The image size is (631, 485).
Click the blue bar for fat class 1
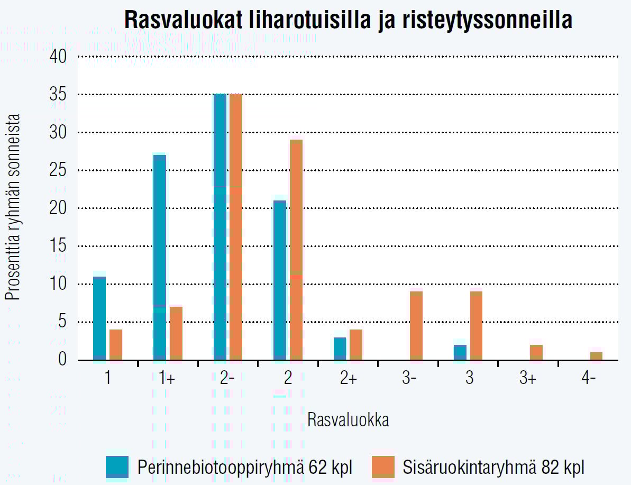99,318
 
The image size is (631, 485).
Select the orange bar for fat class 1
116,345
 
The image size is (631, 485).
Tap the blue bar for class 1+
160,258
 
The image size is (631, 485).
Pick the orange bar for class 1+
176,334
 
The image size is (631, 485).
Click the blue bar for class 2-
220,227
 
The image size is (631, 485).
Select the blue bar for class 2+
340,349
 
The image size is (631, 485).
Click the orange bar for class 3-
416,326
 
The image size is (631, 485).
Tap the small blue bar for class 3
460,352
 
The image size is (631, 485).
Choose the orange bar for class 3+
536,352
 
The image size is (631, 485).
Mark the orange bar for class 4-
597,356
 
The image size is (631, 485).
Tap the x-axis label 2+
348,380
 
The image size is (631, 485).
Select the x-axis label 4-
588,380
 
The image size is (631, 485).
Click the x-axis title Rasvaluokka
349,420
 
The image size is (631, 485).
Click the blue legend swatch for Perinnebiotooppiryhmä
117,467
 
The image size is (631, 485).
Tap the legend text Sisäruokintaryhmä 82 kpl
493,468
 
